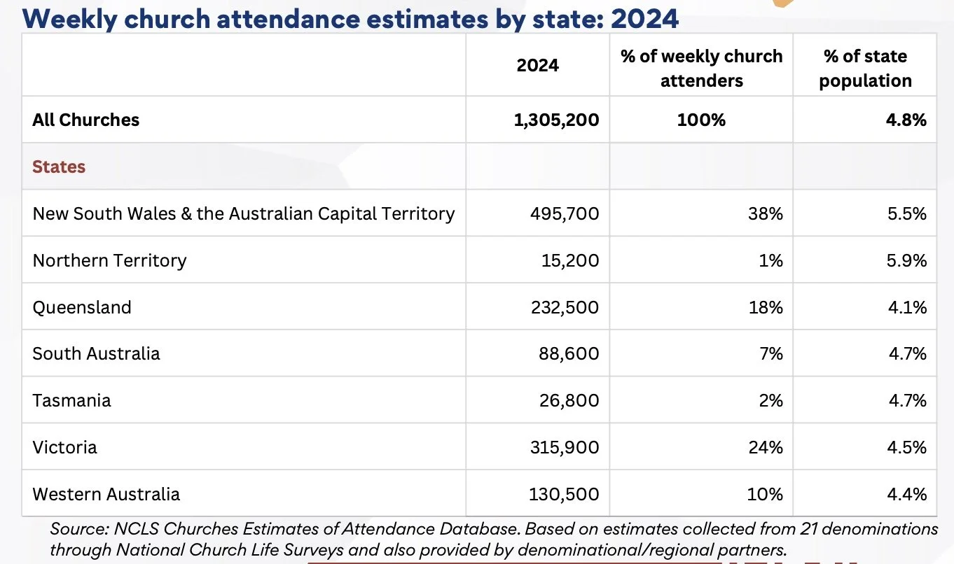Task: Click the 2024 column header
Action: pyautogui.click(x=537, y=66)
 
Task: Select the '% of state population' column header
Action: pyautogui.click(x=865, y=69)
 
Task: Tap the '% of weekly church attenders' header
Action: pyautogui.click(x=701, y=69)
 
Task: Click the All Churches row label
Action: pyautogui.click(x=85, y=120)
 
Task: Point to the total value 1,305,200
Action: pyautogui.click(x=556, y=120)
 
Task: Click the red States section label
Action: pyautogui.click(x=59, y=167)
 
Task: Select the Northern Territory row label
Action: pyautogui.click(x=109, y=260)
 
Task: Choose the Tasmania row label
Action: pyautogui.click(x=71, y=400)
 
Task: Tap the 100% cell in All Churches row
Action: pyautogui.click(x=701, y=120)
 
